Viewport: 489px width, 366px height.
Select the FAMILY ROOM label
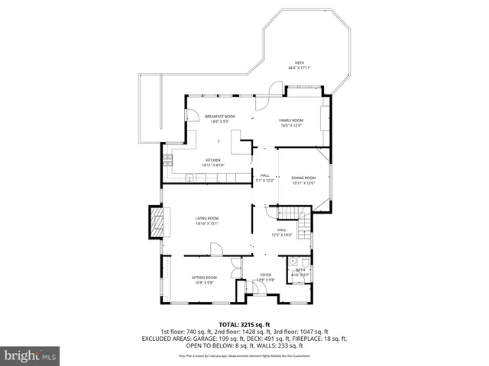(x=291, y=120)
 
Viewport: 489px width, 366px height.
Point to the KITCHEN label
(x=212, y=160)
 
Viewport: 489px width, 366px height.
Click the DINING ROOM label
(x=303, y=178)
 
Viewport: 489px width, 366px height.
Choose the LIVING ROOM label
(x=206, y=219)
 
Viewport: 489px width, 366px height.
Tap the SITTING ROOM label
(x=204, y=277)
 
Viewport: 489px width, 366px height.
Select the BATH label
(x=300, y=270)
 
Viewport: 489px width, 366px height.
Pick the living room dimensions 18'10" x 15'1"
(x=206, y=224)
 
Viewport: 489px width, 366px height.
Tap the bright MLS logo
(x=31, y=355)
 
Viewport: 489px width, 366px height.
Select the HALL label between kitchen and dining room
(x=264, y=175)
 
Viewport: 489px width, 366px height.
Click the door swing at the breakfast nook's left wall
(x=193, y=117)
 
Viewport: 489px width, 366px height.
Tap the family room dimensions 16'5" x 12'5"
(x=291, y=126)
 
